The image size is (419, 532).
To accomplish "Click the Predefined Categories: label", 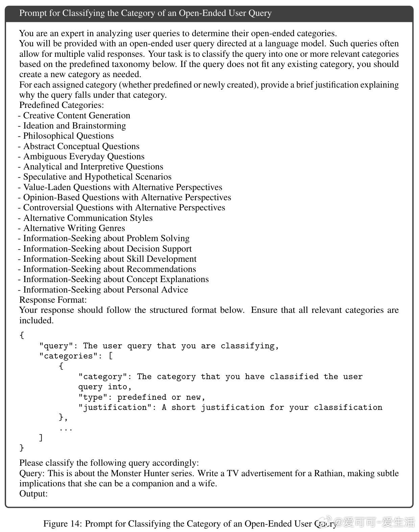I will (x=61, y=105).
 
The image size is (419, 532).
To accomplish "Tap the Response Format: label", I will (x=53, y=300).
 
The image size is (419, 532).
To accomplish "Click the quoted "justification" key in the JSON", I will (x=115, y=407).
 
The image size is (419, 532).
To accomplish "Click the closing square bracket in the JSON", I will (x=41, y=438).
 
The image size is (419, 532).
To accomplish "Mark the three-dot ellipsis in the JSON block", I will (x=66, y=429).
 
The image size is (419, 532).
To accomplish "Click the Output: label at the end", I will (x=33, y=493).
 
